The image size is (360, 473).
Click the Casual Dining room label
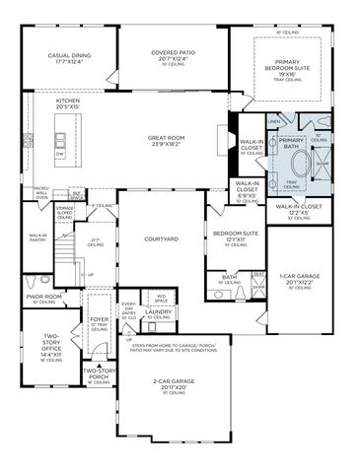[68, 56]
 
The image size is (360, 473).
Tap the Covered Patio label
[172, 53]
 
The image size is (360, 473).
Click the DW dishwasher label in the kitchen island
[59, 154]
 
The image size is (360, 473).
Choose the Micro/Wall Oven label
[41, 191]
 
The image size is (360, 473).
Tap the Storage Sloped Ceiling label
[65, 212]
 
